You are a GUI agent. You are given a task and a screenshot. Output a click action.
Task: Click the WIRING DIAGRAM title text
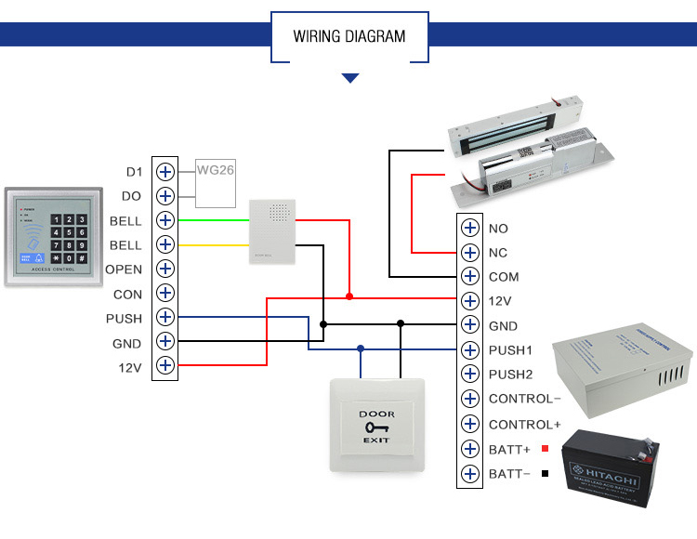pyautogui.click(x=349, y=37)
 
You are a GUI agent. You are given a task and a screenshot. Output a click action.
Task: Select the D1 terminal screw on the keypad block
pyautogui.click(x=165, y=172)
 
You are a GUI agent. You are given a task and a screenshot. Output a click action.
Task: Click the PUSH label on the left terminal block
pyautogui.click(x=124, y=319)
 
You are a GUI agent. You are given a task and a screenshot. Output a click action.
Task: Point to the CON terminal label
pyautogui.click(x=127, y=295)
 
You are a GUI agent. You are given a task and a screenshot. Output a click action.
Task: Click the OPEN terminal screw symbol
pyautogui.click(x=165, y=269)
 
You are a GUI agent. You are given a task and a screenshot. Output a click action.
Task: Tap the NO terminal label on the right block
pyautogui.click(x=498, y=229)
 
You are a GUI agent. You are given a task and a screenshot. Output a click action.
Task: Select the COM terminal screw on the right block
pyautogui.click(x=469, y=277)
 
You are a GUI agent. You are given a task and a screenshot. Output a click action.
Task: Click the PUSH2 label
pyautogui.click(x=510, y=375)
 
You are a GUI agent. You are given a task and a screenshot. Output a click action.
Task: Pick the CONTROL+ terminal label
pyautogui.click(x=524, y=425)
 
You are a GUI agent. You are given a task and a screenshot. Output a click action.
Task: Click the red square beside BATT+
pyautogui.click(x=545, y=449)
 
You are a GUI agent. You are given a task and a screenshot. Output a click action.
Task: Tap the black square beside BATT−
pyautogui.click(x=545, y=474)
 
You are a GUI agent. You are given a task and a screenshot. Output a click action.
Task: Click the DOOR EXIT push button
pyautogui.click(x=376, y=426)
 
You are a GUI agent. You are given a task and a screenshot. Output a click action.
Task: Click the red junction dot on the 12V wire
pyautogui.click(x=348, y=296)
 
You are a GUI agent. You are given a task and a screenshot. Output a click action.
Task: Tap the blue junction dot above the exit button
pyautogui.click(x=361, y=349)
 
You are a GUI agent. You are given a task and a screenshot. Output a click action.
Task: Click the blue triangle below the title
pyautogui.click(x=349, y=79)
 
